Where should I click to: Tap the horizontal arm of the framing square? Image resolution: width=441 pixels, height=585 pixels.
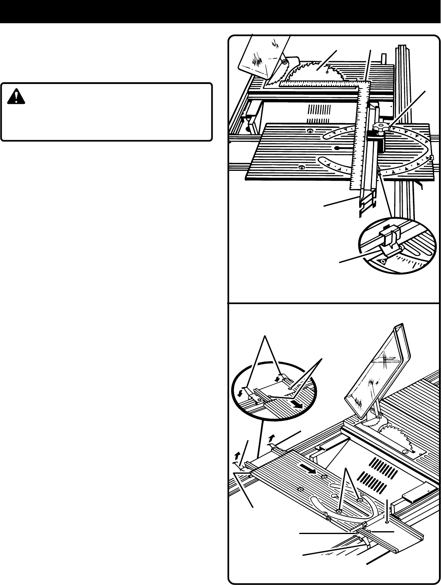pos(322,84)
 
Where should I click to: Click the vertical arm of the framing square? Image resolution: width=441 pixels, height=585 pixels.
pos(358,143)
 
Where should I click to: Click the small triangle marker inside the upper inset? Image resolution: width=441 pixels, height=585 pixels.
pos(382,260)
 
